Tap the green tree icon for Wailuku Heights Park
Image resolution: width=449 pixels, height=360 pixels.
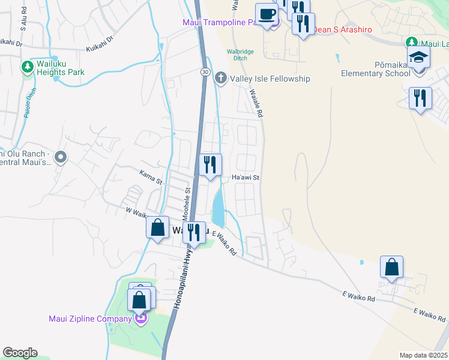27,66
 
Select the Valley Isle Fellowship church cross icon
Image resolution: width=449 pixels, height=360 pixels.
221,78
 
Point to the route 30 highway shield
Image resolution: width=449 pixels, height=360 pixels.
205,72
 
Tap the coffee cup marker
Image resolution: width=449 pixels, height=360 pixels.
266,14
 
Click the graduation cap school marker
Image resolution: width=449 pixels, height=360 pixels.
419,58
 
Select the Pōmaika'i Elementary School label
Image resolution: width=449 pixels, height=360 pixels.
376,69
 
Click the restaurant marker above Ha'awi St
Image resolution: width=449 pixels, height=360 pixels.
210,164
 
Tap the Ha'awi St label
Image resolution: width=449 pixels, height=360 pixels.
245,178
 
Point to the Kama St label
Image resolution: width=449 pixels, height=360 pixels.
151,177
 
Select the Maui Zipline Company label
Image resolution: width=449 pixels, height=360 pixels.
90,319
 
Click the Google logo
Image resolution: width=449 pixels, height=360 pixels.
20,353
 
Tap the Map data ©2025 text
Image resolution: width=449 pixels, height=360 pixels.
423,355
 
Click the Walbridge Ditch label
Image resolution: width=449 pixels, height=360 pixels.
240,55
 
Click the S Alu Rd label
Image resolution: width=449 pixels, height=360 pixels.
23,21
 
